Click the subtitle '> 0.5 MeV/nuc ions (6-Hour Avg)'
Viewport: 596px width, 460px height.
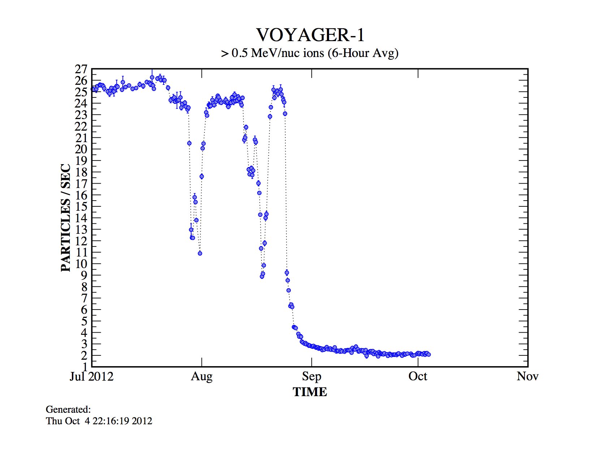click(310, 53)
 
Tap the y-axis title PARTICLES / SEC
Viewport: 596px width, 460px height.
click(66, 218)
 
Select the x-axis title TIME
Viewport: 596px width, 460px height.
click(310, 392)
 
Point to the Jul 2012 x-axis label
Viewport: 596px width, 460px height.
click(91, 377)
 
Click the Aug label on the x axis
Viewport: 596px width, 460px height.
click(202, 377)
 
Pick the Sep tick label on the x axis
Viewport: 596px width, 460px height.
click(311, 377)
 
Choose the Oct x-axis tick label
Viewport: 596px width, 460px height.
click(418, 377)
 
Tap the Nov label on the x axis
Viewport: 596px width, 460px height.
click(527, 377)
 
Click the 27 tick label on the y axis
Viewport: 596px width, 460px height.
click(81, 69)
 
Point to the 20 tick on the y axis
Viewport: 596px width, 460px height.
click(81, 149)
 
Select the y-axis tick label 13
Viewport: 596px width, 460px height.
click(81, 229)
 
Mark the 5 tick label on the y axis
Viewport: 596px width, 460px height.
click(84, 321)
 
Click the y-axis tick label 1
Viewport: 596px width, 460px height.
click(84, 367)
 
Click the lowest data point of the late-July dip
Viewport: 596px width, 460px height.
click(200, 253)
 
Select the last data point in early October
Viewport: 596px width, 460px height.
click(428, 354)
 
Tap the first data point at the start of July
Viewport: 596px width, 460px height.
click(93, 89)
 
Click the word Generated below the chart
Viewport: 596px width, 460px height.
click(68, 409)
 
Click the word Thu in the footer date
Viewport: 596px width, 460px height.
click(54, 421)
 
